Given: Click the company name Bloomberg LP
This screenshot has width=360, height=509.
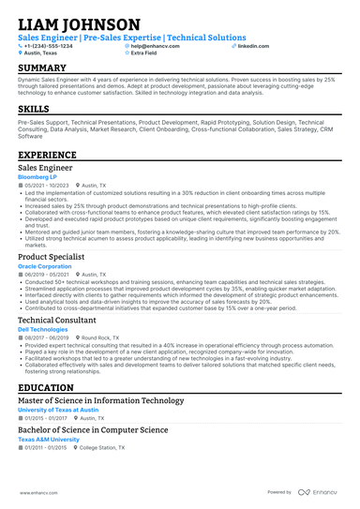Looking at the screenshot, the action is (x=39, y=175).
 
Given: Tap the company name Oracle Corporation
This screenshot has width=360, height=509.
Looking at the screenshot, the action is (x=46, y=265).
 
